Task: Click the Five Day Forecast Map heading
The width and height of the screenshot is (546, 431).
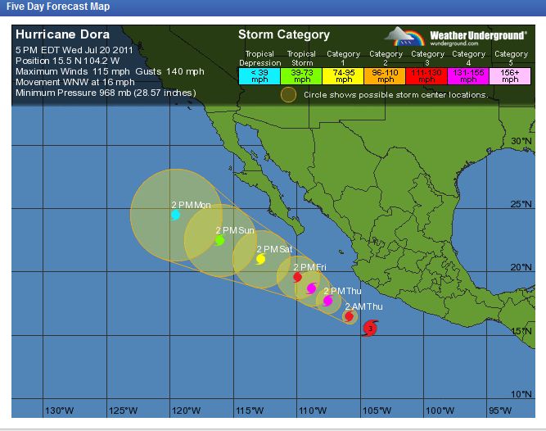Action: (54, 7)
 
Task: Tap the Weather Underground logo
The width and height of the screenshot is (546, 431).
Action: (447, 37)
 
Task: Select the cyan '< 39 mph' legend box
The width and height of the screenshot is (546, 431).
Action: (258, 76)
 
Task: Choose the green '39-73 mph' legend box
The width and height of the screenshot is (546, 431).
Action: (301, 76)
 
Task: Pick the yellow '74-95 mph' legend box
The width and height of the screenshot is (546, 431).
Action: (343, 76)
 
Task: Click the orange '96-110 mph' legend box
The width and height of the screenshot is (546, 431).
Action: (385, 76)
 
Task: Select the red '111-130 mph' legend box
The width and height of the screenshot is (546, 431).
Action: (426, 76)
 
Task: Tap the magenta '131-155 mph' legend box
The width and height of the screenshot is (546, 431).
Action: (468, 76)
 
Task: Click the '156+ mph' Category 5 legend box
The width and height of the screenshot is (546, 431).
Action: (510, 76)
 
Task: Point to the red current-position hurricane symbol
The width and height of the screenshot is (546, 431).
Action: (370, 329)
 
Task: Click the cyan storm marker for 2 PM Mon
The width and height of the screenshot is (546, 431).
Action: (175, 215)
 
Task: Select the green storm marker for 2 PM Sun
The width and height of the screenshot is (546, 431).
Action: (219, 240)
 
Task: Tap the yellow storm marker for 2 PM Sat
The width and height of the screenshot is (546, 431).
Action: (260, 259)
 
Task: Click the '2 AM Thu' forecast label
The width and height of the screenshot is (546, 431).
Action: (363, 306)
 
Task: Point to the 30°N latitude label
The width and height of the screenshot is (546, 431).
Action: (521, 141)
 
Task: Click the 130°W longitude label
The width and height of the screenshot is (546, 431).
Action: (59, 410)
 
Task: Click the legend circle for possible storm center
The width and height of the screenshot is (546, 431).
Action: (288, 94)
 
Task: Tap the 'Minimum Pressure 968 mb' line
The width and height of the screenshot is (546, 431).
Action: (106, 93)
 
